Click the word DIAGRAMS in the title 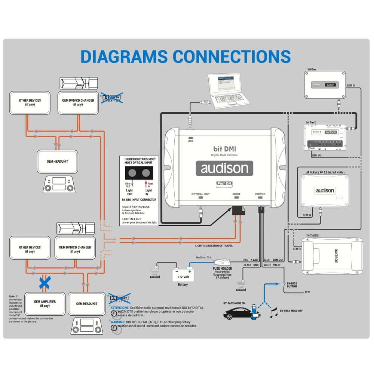(x=124, y=56)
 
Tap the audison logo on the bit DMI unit (x=224, y=168)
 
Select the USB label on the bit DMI (x=191, y=141)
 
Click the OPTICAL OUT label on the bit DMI (x=200, y=194)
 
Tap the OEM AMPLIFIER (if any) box (x=45, y=303)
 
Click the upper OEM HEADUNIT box (x=57, y=161)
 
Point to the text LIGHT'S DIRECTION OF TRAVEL (x=214, y=245)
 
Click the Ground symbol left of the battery (x=154, y=269)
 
